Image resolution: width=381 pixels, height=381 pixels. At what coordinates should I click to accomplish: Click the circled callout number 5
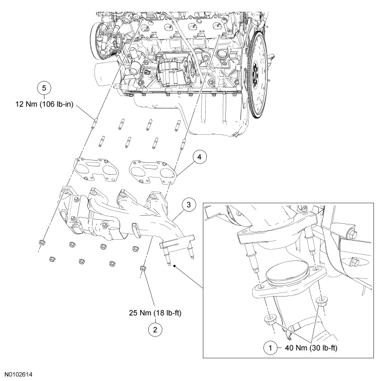coord(41,87)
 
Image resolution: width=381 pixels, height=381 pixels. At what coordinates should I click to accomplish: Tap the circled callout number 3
coord(188,205)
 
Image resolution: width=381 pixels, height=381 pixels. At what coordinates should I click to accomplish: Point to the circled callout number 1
coord(271,347)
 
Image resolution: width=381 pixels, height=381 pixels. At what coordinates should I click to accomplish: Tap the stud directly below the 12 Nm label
coord(94,125)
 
